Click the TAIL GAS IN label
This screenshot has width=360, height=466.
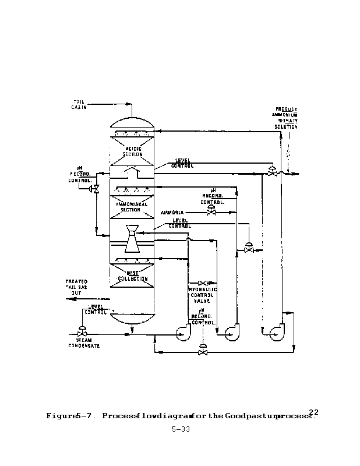79,104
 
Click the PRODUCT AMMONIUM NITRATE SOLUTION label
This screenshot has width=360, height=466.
287,118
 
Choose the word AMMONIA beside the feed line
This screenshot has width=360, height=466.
173,213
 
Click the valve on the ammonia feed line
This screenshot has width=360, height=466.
211,213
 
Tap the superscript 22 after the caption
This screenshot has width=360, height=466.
314,411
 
